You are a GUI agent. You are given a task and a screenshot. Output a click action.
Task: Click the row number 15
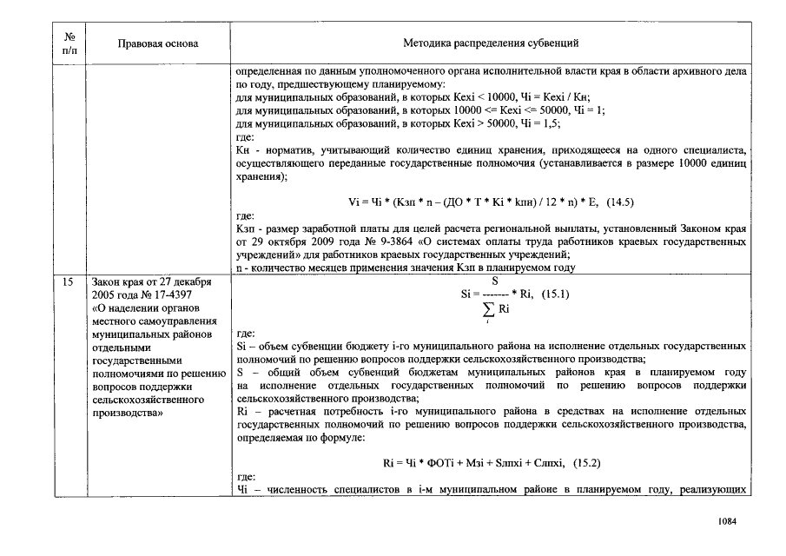tap(69, 282)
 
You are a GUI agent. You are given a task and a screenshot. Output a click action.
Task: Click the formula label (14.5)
tap(620, 202)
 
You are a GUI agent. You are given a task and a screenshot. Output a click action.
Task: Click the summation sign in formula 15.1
tap(491, 309)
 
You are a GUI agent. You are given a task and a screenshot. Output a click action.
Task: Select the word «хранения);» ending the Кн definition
tap(261, 175)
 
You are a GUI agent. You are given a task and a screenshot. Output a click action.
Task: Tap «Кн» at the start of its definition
tap(242, 150)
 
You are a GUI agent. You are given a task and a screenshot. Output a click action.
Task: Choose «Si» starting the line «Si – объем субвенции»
tap(241, 346)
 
